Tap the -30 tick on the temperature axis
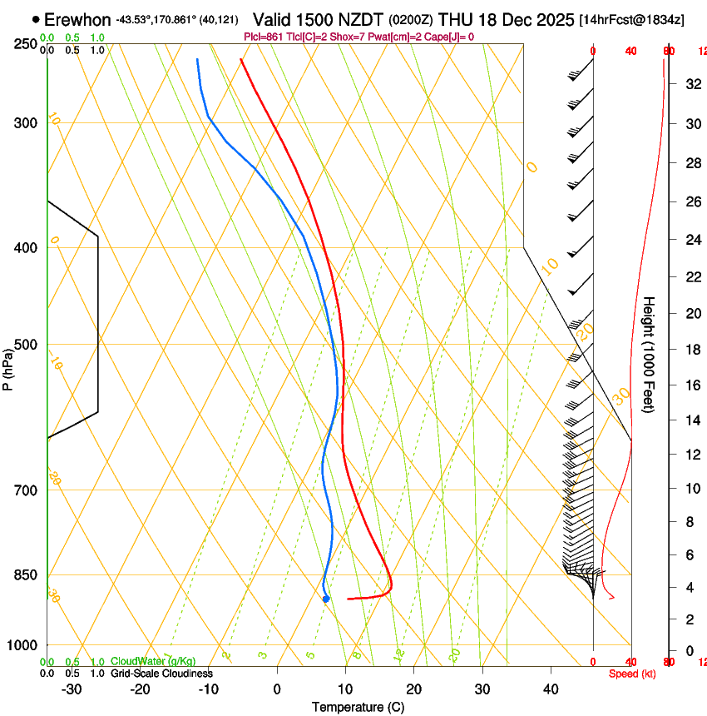(72, 689)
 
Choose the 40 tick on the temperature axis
(551, 689)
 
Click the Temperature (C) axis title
(358, 707)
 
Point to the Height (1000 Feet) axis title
(650, 353)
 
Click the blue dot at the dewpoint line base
(326, 599)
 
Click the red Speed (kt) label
(631, 674)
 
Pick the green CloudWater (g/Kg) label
(153, 661)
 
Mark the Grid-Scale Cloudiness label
(161, 674)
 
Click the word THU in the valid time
(454, 18)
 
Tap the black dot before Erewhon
(36, 18)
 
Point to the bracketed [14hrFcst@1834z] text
(631, 19)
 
